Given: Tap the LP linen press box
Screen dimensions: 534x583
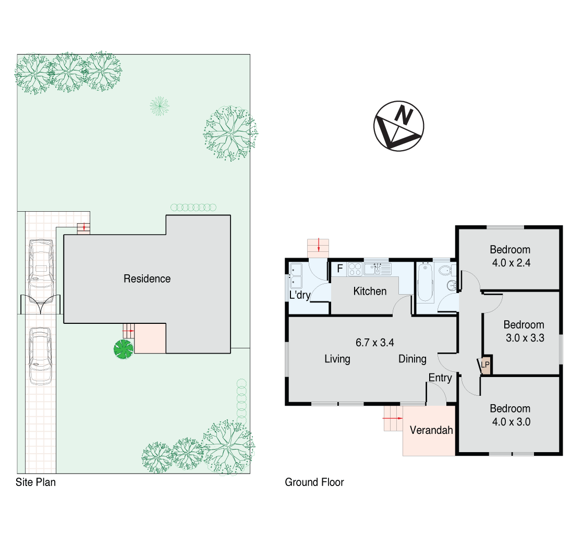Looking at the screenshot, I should pos(485,366).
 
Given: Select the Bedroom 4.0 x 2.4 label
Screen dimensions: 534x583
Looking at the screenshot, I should pos(511,256).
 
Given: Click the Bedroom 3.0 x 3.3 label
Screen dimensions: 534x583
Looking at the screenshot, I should pos(524,331).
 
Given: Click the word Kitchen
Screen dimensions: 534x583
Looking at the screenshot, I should pos(370,292).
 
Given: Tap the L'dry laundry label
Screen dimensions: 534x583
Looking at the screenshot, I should pos(300,295).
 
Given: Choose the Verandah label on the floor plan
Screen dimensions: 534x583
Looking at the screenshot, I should pos(431,431).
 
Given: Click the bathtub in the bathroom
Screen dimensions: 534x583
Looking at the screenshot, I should pos(425,283).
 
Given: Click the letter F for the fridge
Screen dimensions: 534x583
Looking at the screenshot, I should pos(340,269).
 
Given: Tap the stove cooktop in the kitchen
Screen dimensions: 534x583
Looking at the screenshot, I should pos(355,269).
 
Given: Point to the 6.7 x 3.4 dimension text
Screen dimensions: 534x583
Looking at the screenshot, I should pos(374,343).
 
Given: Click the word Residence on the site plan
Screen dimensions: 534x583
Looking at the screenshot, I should pos(147,279).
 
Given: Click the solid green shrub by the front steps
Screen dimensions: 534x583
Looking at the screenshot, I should pos(124,349).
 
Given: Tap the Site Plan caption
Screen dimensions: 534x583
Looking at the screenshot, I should pos(35,482).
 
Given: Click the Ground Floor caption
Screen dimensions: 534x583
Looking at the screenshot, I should pos(314,482).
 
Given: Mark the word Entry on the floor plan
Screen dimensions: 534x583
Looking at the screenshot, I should pos(440,378).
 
